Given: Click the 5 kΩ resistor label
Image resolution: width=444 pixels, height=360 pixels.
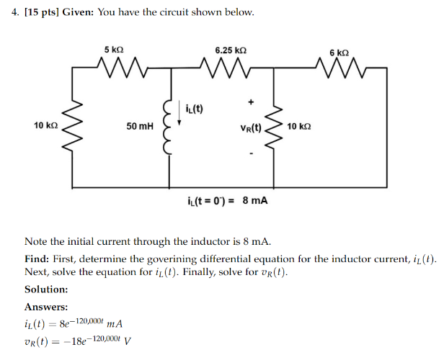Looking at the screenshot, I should pos(114,50).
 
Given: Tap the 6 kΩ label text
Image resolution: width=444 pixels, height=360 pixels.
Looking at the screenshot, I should pos(339,53).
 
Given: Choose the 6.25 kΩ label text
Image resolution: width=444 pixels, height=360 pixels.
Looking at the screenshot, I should pos(231,50).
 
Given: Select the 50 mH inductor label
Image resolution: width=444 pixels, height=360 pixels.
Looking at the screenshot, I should pos(139,127).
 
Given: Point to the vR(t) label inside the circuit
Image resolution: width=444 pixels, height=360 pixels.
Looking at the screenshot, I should pos(250,127).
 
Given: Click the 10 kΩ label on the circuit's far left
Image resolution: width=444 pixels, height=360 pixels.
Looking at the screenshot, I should pos(45,125).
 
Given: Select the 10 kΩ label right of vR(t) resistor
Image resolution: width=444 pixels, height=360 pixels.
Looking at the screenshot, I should pos(298,126).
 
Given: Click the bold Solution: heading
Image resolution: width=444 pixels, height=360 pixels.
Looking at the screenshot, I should pos(46,289).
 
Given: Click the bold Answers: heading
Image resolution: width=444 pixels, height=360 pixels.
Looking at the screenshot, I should pos(46,307).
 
